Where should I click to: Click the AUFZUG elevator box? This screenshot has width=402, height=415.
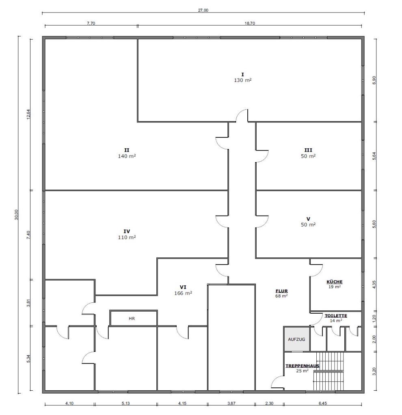pos(296,339)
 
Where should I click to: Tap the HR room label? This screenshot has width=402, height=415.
pos(132,319)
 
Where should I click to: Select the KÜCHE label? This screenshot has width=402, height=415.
pos(334,282)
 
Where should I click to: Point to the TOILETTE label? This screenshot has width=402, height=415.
pos(336,316)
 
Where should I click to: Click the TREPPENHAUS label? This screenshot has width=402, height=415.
pos(302,366)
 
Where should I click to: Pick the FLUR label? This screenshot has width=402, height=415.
pos(282,291)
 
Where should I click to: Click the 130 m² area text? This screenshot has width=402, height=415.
pos(243,80)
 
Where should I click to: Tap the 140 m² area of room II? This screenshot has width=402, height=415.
pos(127,156)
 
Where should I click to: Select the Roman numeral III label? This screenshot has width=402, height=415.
pos(308,150)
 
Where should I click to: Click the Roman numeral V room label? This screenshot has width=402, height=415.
pos(308,219)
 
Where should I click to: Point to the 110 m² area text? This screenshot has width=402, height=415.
pos(127,237)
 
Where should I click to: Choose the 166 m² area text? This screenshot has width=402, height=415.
pos(183,293)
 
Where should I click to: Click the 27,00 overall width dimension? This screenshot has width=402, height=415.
pos(203,10)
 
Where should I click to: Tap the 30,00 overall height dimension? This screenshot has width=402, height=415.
pos(16,214)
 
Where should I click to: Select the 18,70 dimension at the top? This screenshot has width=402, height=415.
pos(250,23)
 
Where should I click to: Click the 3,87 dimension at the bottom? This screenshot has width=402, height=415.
pos(231,403)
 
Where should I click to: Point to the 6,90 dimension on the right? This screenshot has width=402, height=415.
pos(374,80)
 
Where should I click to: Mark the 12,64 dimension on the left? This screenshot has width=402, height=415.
pos(28,114)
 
